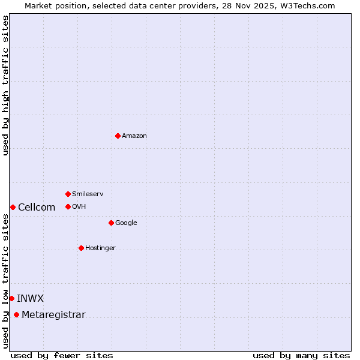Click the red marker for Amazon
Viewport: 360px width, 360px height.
pyautogui.click(x=118, y=136)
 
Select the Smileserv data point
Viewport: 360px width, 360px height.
pyautogui.click(x=68, y=194)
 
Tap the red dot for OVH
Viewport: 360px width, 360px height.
pyautogui.click(x=68, y=206)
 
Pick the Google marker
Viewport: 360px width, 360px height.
pyautogui.click(x=111, y=223)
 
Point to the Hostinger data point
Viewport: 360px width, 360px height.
pyautogui.click(x=81, y=248)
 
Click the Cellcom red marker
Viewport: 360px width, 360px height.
pyautogui.click(x=13, y=207)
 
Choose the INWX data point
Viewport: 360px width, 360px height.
pyautogui.click(x=11, y=298)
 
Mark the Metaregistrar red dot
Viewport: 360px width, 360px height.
pyautogui.click(x=16, y=315)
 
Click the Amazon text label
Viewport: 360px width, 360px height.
pyautogui.click(x=134, y=136)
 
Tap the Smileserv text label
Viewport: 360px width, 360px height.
pyautogui.click(x=88, y=194)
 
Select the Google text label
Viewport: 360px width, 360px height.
pyautogui.click(x=126, y=223)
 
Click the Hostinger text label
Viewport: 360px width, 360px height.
pyautogui.click(x=100, y=248)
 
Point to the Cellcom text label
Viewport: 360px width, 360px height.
pyautogui.click(x=37, y=208)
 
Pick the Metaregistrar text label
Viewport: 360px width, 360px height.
pyautogui.click(x=53, y=315)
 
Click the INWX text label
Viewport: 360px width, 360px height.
pyautogui.click(x=30, y=299)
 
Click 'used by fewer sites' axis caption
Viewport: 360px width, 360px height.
pyautogui.click(x=62, y=356)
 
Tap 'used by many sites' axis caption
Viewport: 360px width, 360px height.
pyautogui.click(x=301, y=356)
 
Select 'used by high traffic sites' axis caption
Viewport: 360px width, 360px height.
pyautogui.click(x=6, y=85)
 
